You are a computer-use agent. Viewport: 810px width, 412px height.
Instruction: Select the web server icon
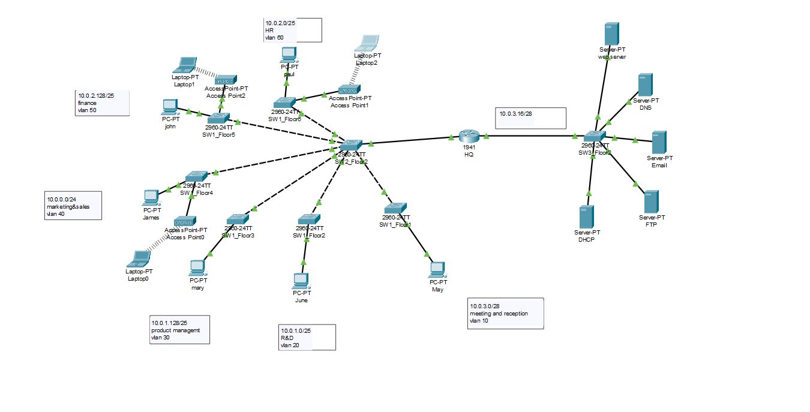[x=611, y=34]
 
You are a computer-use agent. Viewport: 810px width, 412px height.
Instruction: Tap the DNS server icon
[x=645, y=85]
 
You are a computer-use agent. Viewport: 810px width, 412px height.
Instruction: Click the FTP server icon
[x=651, y=202]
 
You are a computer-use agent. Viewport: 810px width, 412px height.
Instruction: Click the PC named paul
[x=289, y=55]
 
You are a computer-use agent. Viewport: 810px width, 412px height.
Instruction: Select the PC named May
[x=437, y=269]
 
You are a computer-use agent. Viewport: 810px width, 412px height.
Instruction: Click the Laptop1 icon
[x=185, y=64]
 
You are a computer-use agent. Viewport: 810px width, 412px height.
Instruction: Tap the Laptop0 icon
[x=139, y=259]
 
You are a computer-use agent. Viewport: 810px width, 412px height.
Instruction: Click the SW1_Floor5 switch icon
[x=219, y=118]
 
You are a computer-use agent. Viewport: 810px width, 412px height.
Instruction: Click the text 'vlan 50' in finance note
[x=88, y=110]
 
